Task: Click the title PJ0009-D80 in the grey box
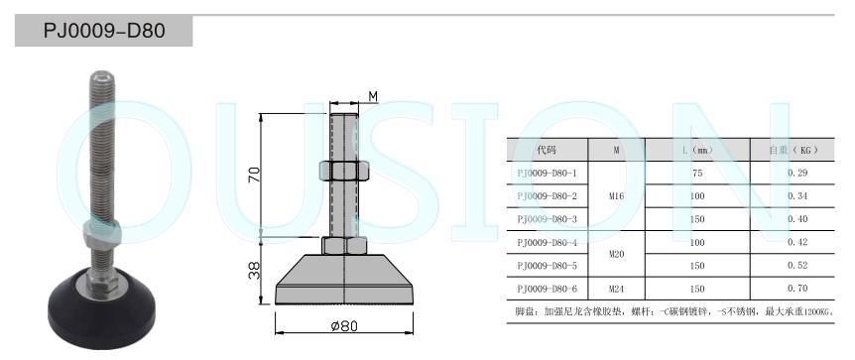point(104,31)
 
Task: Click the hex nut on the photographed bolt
point(101,231)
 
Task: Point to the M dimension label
point(373,96)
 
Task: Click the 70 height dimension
point(255,175)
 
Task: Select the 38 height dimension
point(255,271)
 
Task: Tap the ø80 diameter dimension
point(344,326)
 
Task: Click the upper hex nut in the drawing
point(344,171)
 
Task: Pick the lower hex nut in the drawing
point(344,246)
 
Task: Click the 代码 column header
point(547,150)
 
